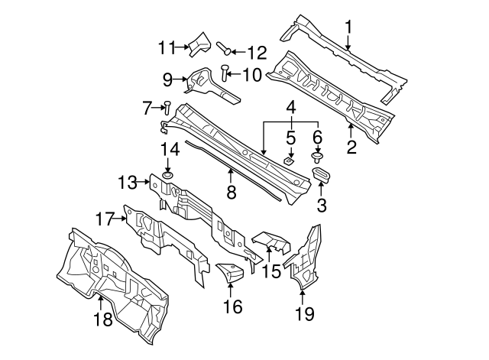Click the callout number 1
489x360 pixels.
[348, 28]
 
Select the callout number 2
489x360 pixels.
[351, 147]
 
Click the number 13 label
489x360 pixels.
[128, 182]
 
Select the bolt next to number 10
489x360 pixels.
[224, 73]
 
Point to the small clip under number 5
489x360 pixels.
[290, 161]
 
